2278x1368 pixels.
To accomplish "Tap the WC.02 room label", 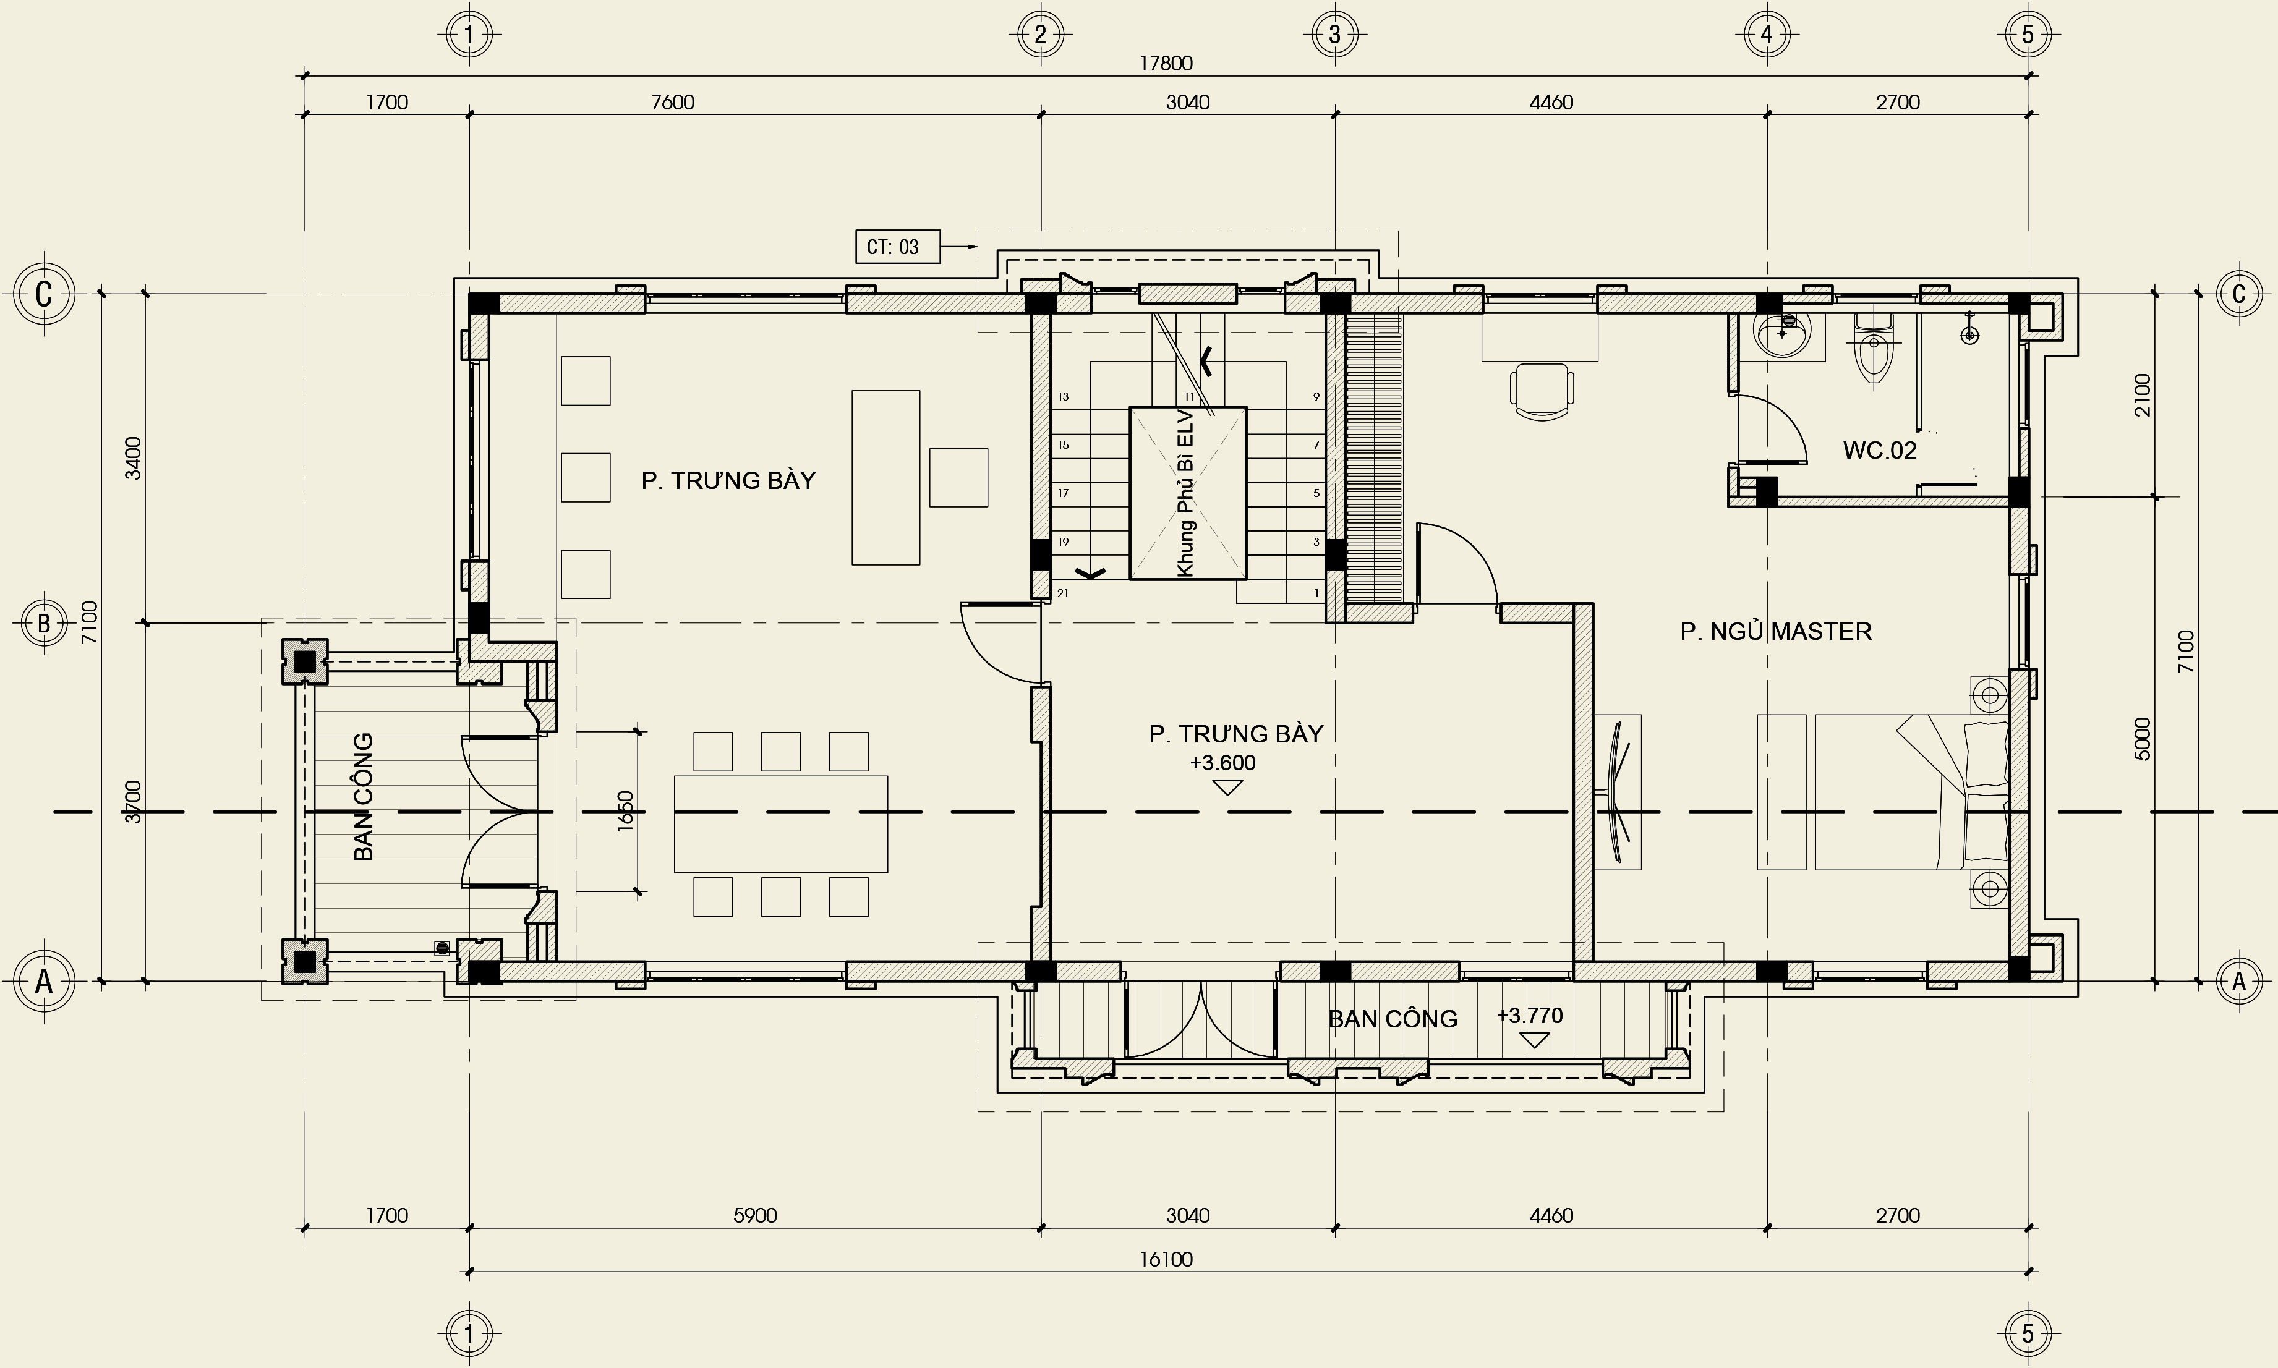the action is coord(1880,450).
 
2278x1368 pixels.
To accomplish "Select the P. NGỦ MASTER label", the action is coord(1775,631).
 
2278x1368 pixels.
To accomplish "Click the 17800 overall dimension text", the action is coord(1166,64).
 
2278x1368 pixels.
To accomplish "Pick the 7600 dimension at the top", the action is coord(672,103).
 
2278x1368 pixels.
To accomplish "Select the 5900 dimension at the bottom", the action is coord(754,1216).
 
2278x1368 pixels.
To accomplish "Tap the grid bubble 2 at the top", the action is coord(1041,35).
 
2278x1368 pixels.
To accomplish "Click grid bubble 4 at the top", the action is coord(1767,35).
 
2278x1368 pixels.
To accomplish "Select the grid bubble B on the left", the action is coord(43,623).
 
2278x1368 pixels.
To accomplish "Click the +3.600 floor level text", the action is coord(1222,762).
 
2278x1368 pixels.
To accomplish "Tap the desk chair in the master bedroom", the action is coord(1542,391).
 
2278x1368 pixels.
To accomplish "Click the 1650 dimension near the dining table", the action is coord(626,810).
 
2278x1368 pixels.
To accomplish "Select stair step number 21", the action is coord(1063,593).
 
